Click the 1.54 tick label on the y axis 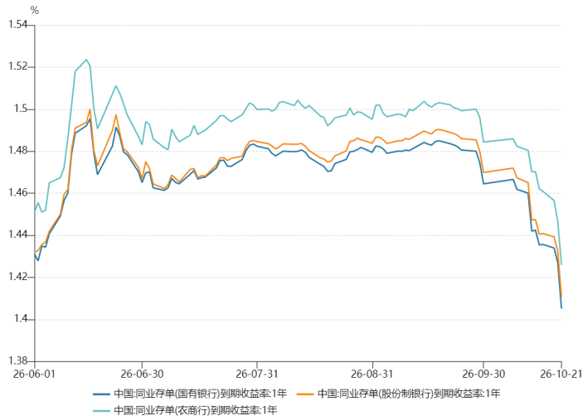pyautogui.click(x=18, y=25)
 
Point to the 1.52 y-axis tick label pyautogui.click(x=18, y=67)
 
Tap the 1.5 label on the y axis pyautogui.click(x=21, y=109)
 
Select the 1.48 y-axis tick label pyautogui.click(x=18, y=151)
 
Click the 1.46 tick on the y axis pyautogui.click(x=18, y=193)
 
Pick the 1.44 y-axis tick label pyautogui.click(x=18, y=235)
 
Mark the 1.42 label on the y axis pyautogui.click(x=18, y=277)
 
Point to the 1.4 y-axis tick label pyautogui.click(x=21, y=319)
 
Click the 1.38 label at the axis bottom pyautogui.click(x=18, y=360)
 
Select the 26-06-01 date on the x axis pyautogui.click(x=34, y=374)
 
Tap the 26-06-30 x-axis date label pyautogui.click(x=142, y=374)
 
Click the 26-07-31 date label pyautogui.click(x=257, y=374)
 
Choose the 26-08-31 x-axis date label pyautogui.click(x=372, y=374)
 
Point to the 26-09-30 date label pyautogui.click(x=484, y=374)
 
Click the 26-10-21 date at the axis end pyautogui.click(x=561, y=374)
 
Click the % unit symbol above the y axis pyautogui.click(x=35, y=11)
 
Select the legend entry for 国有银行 pyautogui.click(x=190, y=394)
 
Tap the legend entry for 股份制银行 pyautogui.click(x=399, y=394)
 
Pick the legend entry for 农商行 pyautogui.click(x=185, y=409)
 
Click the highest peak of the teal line pyautogui.click(x=86, y=60)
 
